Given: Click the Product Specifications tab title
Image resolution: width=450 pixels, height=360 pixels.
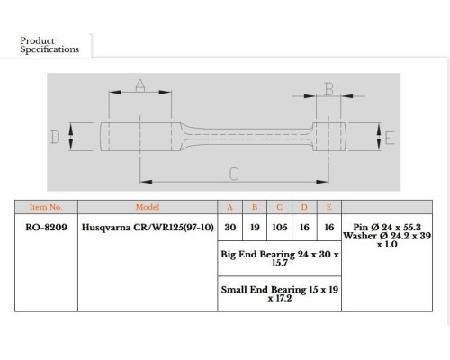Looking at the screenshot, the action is (x=49, y=45).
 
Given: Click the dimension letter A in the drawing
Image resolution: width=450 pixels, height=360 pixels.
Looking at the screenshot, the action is (x=140, y=85).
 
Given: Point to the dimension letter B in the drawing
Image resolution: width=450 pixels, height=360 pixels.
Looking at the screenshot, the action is (x=329, y=89).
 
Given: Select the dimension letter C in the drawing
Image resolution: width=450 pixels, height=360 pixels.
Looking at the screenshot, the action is (x=234, y=174).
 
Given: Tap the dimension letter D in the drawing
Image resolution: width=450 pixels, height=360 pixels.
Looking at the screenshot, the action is (x=55, y=137).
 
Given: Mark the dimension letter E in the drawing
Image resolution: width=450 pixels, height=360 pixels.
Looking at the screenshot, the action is (x=390, y=138).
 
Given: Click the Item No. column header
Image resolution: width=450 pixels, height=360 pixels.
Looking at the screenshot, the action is (x=46, y=207).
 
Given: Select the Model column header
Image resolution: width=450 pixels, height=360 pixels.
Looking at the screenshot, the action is (x=148, y=207).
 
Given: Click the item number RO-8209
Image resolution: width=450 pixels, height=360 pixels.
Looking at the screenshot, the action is (x=46, y=227).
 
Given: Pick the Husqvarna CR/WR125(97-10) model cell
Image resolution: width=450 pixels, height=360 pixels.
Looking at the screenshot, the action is (x=148, y=227).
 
